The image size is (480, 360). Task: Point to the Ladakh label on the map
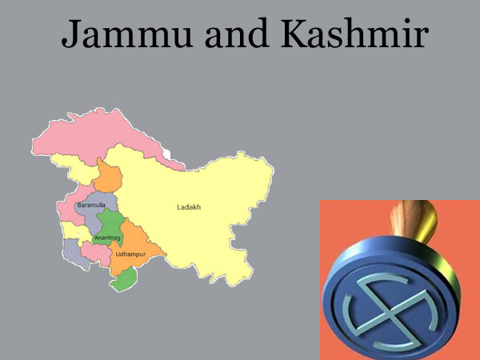point(189,207)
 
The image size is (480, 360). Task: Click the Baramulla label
point(90,206)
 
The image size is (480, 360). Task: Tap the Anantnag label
point(107,238)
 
